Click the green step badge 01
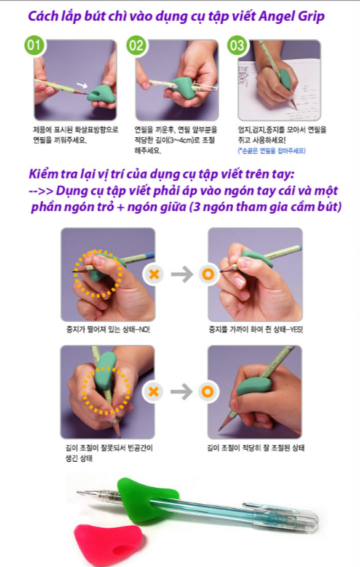pyautogui.click(x=34, y=45)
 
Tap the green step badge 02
pyautogui.click(x=136, y=45)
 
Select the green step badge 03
pyautogui.click(x=237, y=45)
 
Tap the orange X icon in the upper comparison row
pyautogui.click(x=155, y=273)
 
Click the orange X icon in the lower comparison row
pyautogui.click(x=155, y=391)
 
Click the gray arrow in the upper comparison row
pyautogui.click(x=181, y=273)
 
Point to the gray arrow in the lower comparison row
pyautogui.click(x=181, y=391)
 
